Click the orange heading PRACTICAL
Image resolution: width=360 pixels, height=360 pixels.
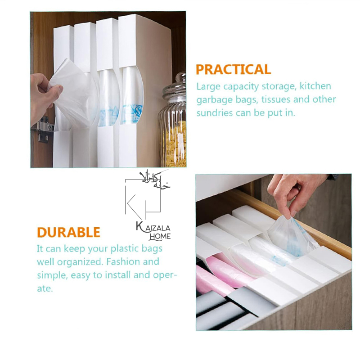point(233,70)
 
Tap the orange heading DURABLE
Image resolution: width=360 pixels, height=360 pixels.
point(69,232)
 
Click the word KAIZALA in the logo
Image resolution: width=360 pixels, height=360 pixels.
point(153,227)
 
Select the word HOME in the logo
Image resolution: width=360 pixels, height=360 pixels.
point(160,237)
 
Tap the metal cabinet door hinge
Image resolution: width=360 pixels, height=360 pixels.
point(42,129)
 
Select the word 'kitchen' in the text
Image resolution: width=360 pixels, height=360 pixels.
point(315,86)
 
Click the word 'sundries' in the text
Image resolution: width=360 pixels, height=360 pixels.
point(215,113)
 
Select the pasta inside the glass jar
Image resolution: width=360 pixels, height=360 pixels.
point(175,144)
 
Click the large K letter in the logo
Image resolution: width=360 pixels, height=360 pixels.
point(135,207)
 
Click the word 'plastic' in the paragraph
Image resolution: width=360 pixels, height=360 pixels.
point(124,249)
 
